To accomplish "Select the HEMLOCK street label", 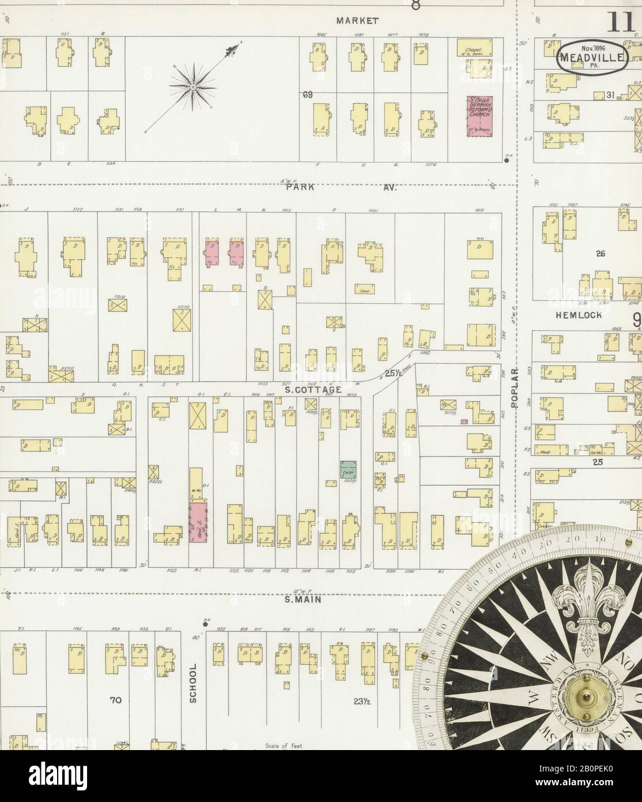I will [579, 315].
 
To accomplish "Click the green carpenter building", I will [348, 469].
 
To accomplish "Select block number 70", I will [115, 701].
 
